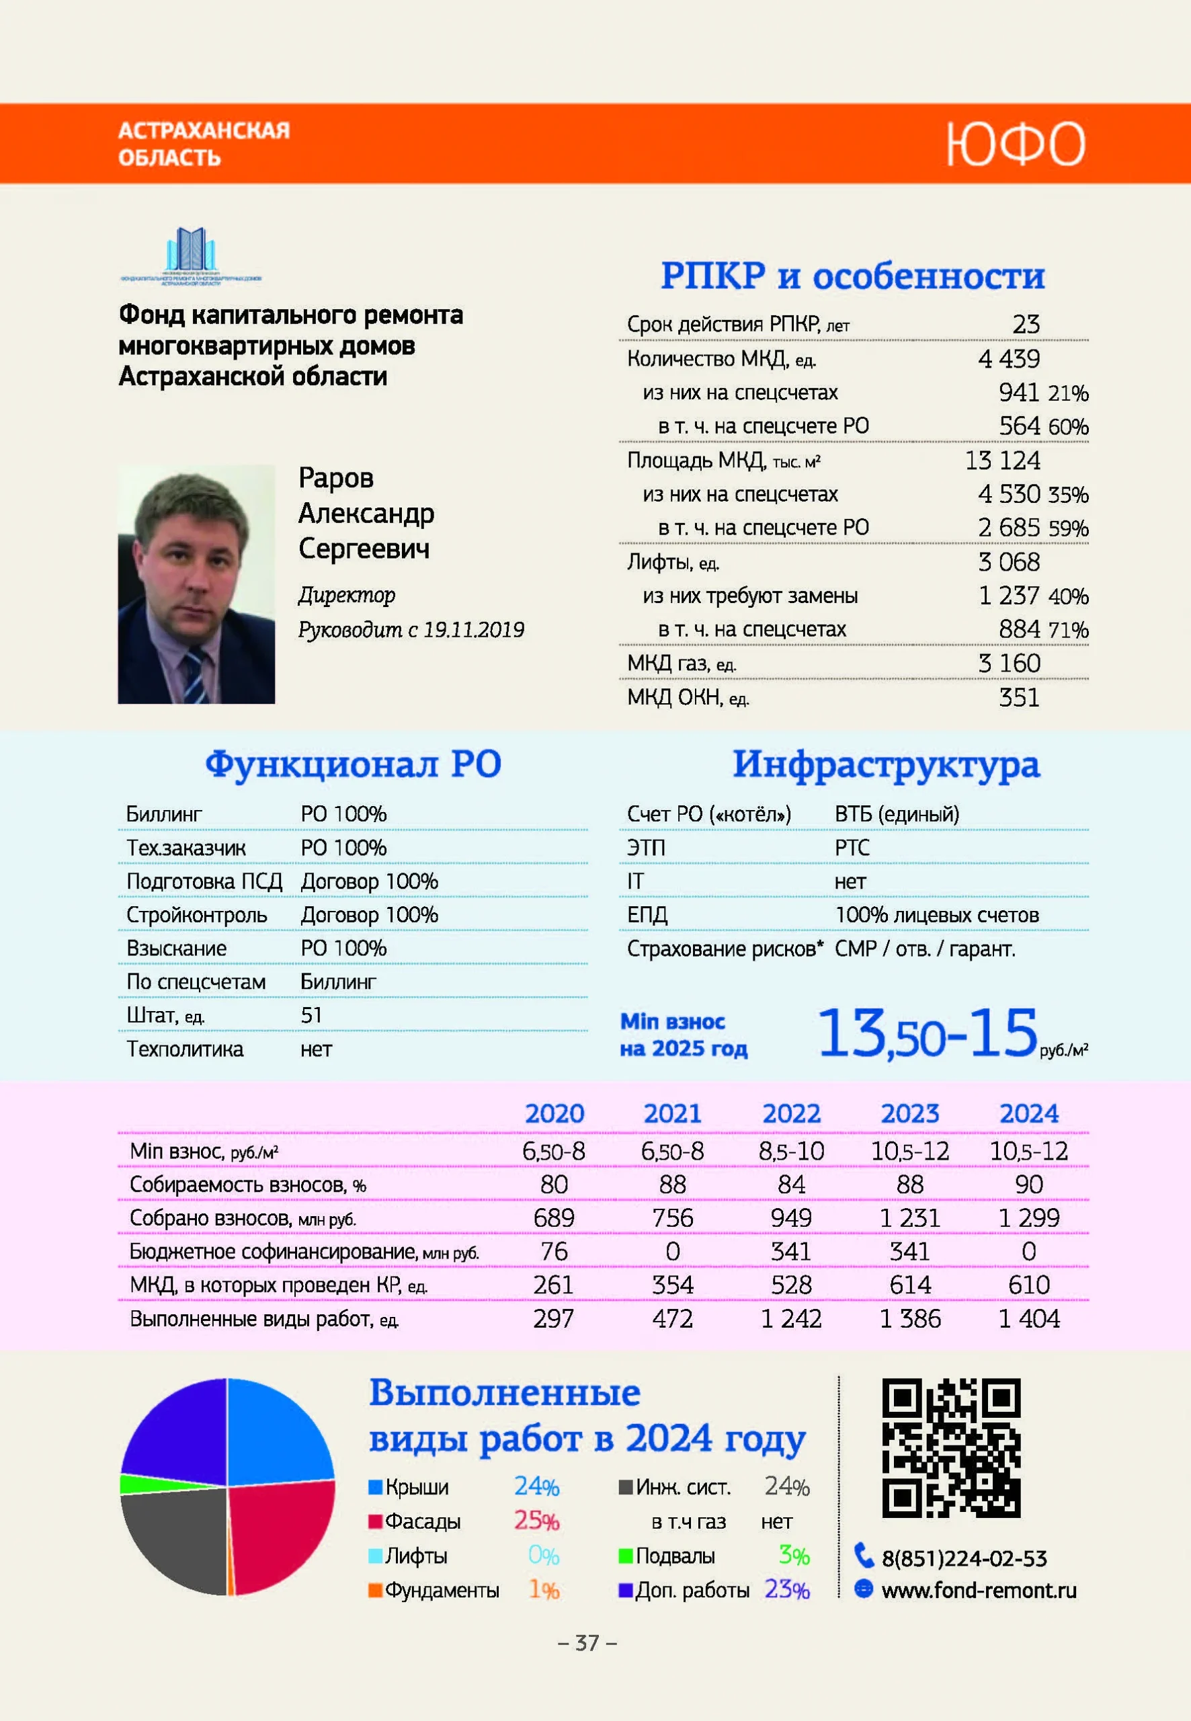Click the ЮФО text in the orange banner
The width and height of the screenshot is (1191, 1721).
coord(1015,144)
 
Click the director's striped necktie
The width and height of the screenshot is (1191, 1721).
coord(197,676)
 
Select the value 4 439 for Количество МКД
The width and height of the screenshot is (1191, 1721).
coord(1009,359)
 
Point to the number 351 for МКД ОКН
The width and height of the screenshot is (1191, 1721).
coord(1019,698)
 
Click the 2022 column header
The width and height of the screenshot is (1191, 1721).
coord(791,1113)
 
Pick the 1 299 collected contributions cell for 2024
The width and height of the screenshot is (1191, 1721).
coord(1028,1218)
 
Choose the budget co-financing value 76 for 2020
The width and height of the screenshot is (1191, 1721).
coord(554,1252)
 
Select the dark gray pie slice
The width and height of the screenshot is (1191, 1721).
coord(175,1537)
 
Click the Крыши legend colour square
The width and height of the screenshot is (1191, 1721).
coord(375,1488)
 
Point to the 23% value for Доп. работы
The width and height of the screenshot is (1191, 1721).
coord(786,1590)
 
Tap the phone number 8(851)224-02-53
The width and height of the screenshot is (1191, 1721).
coord(964,1558)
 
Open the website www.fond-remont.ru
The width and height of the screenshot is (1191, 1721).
coord(979,1591)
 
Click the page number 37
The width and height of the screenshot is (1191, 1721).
coord(587,1642)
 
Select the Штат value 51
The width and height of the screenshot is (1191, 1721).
coord(311,1016)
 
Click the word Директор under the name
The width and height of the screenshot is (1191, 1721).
coord(347,596)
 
